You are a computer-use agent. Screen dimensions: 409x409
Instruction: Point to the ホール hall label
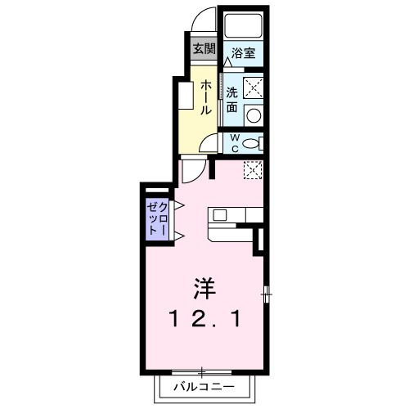[x=206, y=96]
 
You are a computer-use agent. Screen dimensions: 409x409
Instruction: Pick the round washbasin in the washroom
[x=254, y=115]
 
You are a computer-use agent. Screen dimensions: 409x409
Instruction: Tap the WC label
[x=233, y=143]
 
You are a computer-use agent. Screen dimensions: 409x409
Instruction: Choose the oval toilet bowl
[x=251, y=143]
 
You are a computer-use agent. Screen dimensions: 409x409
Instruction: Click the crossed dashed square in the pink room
[x=253, y=169]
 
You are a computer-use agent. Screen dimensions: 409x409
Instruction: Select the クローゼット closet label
[x=156, y=218]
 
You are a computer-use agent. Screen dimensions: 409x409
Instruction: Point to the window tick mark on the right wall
[x=267, y=292]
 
